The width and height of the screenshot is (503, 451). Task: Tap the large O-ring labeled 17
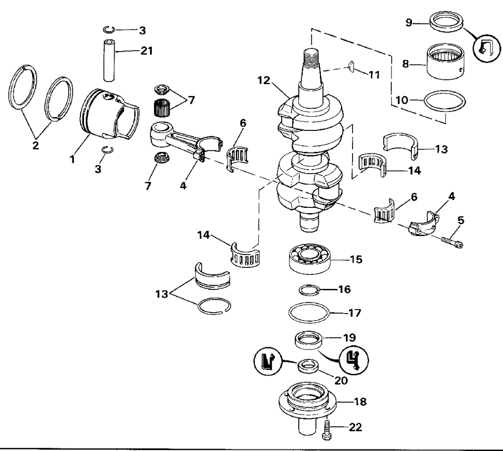(309, 313)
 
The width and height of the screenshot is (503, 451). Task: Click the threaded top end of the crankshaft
(310, 57)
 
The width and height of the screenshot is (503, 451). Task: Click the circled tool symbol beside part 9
(483, 48)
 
